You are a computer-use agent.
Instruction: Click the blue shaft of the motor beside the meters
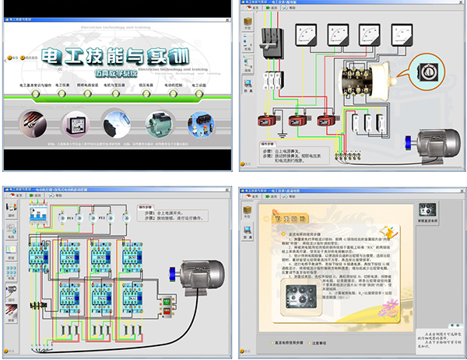[409, 142]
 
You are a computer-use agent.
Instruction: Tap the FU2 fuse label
[102, 219]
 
